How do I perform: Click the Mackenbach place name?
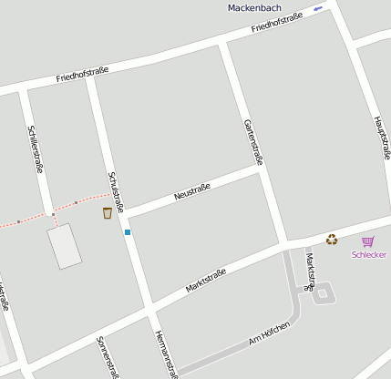[254, 7]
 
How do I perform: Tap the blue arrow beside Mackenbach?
[318, 8]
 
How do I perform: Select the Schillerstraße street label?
[37, 149]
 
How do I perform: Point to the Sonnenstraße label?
[108, 356]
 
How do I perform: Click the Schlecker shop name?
[369, 254]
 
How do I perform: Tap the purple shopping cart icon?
[368, 241]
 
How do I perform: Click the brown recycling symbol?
[332, 240]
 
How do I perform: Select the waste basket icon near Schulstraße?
[108, 212]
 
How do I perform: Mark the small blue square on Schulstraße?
[128, 232]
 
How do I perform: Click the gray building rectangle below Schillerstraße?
[65, 246]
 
